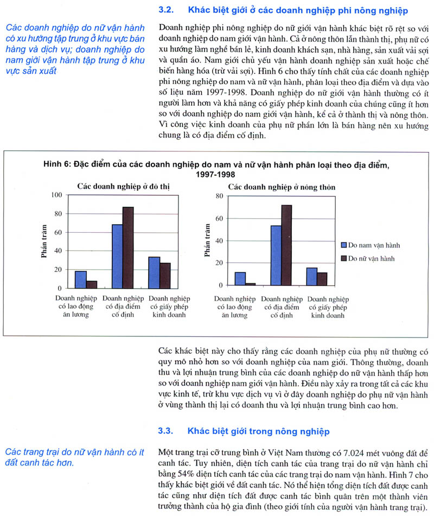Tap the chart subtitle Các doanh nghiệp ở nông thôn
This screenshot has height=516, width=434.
point(281,187)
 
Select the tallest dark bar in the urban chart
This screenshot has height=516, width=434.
point(128,247)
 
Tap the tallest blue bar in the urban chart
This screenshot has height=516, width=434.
point(117,256)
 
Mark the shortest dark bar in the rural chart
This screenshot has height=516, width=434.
point(250,284)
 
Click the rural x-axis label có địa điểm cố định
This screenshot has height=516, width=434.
point(282,307)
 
